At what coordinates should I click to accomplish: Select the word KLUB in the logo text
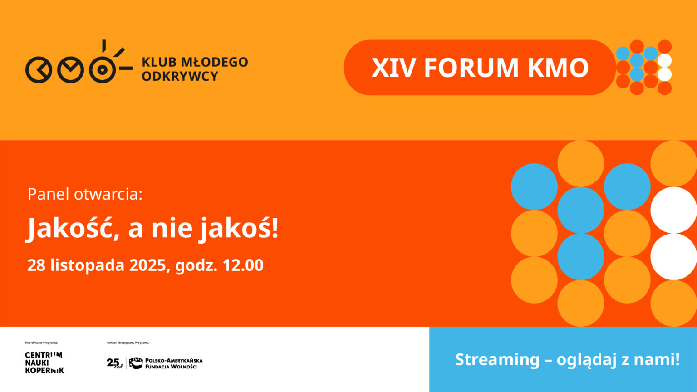pos(159,62)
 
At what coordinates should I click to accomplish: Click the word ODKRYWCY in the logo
pos(180,76)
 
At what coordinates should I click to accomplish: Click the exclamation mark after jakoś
pos(275,228)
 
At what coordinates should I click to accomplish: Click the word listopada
pos(88,265)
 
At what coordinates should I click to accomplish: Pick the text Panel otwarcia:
pos(85,195)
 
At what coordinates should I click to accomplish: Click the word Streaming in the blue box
pos(497,360)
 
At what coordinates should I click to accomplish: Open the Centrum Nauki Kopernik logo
pos(44,363)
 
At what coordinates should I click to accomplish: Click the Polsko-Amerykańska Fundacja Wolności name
pos(174,363)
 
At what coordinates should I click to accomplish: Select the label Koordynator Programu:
pos(41,343)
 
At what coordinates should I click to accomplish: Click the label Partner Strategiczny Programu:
pos(128,343)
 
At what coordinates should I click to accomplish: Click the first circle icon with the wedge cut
pos(39,70)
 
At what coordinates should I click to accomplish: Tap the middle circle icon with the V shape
pos(71,70)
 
